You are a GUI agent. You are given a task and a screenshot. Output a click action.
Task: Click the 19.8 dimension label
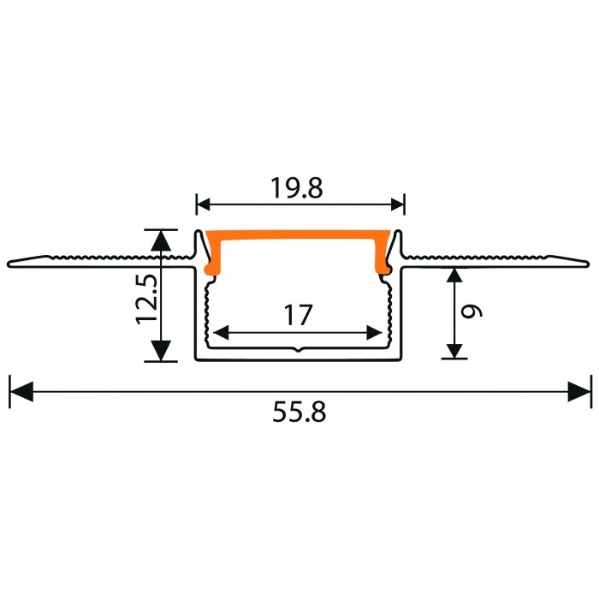296,187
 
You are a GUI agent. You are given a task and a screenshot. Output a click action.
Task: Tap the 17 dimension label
298,315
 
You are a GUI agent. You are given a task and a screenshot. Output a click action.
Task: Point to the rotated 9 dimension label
471,311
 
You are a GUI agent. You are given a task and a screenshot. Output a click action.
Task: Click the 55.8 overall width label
299,412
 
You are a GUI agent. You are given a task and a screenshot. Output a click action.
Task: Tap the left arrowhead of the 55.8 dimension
21,392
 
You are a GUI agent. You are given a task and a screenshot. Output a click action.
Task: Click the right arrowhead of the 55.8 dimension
578,392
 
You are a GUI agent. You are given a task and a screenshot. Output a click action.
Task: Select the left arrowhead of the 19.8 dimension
204,205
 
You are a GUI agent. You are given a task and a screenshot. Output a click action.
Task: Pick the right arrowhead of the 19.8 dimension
398,205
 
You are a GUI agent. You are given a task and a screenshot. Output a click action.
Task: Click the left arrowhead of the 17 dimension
221,333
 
